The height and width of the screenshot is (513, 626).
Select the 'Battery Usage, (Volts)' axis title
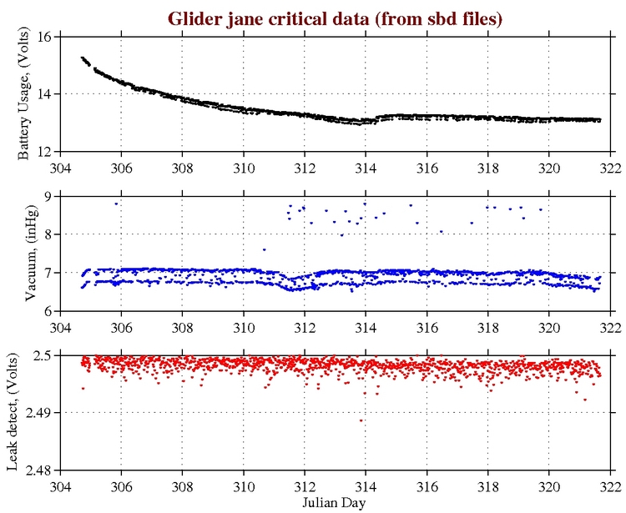point(24,94)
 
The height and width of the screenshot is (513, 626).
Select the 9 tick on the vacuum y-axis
point(48,197)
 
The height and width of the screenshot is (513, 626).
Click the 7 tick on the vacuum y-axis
point(48,273)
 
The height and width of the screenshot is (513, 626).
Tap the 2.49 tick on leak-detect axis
point(39,413)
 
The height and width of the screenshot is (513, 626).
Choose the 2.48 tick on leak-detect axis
point(39,470)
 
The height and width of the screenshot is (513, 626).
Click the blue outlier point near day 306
point(117,204)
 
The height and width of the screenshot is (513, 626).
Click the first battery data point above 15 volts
point(82,58)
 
